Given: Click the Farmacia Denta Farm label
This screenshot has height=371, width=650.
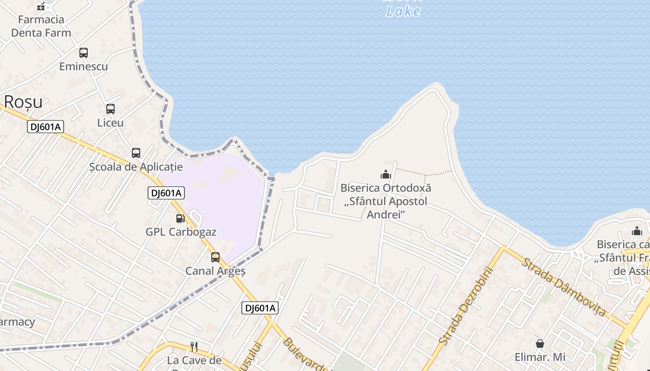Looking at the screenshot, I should (41, 26).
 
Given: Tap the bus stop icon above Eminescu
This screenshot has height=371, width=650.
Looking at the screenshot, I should (84, 53).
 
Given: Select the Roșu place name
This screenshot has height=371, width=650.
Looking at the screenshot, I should (23, 102).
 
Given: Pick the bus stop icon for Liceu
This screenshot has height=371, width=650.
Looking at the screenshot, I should (110, 109).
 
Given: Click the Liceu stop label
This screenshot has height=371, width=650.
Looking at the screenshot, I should (110, 123).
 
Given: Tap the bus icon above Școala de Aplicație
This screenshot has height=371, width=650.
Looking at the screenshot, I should (136, 153).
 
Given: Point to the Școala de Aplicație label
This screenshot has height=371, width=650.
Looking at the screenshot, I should (136, 167).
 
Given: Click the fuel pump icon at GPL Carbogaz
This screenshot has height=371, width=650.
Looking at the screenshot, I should (180, 218).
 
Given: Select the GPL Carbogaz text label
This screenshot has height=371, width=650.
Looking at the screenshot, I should (181, 232).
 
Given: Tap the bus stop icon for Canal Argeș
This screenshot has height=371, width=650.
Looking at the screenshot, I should (215, 257).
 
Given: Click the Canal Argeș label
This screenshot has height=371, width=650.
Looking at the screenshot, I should (215, 271).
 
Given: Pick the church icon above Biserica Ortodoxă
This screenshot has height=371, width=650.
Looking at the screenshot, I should (386, 174).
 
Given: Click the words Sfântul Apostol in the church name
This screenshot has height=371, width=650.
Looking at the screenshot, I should (386, 202).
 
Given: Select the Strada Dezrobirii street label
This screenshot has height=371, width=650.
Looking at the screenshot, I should (464, 306).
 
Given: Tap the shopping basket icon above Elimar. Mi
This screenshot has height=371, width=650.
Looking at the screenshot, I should (540, 344).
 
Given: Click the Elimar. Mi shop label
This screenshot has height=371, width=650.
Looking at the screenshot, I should (540, 357).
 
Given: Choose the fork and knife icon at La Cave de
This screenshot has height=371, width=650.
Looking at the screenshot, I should (194, 346).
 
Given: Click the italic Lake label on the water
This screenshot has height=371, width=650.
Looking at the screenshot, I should (403, 11).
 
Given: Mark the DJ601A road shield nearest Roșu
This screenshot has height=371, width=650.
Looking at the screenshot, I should (45, 127).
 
